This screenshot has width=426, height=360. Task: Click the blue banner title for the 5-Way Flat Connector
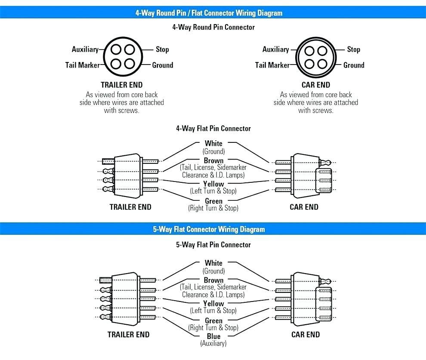coord(209,229)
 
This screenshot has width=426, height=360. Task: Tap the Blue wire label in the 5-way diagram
coord(213,336)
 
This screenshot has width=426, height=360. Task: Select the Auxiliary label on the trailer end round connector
coord(85,49)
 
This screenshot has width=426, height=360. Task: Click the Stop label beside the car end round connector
coord(353,49)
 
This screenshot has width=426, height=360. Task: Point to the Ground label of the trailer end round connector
coord(163,65)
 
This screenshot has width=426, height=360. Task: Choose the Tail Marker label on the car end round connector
coord(272,65)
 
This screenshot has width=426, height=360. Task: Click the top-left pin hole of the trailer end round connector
coord(116,50)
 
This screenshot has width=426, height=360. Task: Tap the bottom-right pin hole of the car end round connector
coord(322,64)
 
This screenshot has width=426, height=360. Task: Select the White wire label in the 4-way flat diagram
coord(213,143)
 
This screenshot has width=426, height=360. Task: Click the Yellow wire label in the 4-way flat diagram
coord(213,184)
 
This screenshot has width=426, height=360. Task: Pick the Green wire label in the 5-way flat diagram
coord(213,320)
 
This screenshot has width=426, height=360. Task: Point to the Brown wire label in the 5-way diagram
coord(213,280)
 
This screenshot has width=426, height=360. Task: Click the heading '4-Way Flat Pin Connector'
coord(213,129)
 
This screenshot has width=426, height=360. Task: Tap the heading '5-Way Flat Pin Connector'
coord(213,245)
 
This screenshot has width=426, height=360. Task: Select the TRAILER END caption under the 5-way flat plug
coord(129,335)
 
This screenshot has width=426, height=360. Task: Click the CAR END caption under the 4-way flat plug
coord(304,207)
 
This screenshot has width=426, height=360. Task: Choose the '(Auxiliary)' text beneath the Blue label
coord(213,343)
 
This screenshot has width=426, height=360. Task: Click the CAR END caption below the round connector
coord(316,85)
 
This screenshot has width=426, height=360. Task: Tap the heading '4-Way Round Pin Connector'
coord(213,27)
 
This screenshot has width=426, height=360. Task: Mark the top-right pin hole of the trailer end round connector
coord(130,50)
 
